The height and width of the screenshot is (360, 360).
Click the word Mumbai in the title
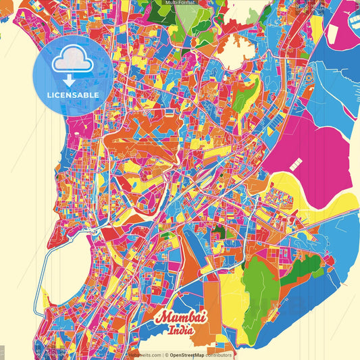pos(180,318)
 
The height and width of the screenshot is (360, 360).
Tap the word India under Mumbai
pos(182,331)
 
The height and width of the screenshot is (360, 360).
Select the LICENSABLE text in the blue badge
pos(73,95)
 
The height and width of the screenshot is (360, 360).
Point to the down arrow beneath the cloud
pos(73,79)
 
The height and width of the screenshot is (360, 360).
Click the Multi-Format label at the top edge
pos(180,3)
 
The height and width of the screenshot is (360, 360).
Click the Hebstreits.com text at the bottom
pos(143,355)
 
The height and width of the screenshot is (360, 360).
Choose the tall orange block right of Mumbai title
pos(214,311)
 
